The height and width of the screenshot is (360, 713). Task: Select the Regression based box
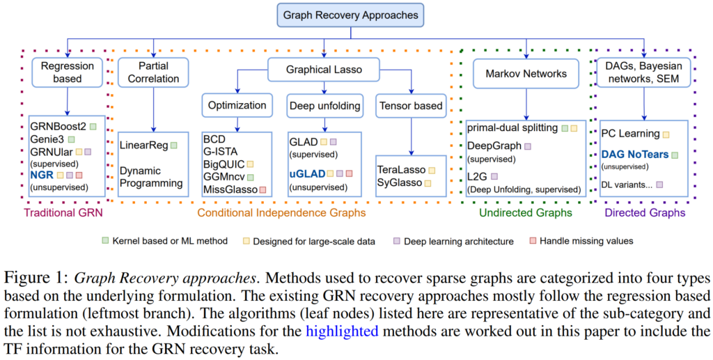67,72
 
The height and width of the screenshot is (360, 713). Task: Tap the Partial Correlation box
148,72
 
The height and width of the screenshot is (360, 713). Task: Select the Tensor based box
410,106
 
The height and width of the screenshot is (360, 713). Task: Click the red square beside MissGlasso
263,189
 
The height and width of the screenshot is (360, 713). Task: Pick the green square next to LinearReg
173,145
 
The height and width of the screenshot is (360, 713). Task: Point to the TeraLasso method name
401,169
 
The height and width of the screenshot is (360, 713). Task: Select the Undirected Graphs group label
526,212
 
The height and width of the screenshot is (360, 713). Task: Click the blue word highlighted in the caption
342,331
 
